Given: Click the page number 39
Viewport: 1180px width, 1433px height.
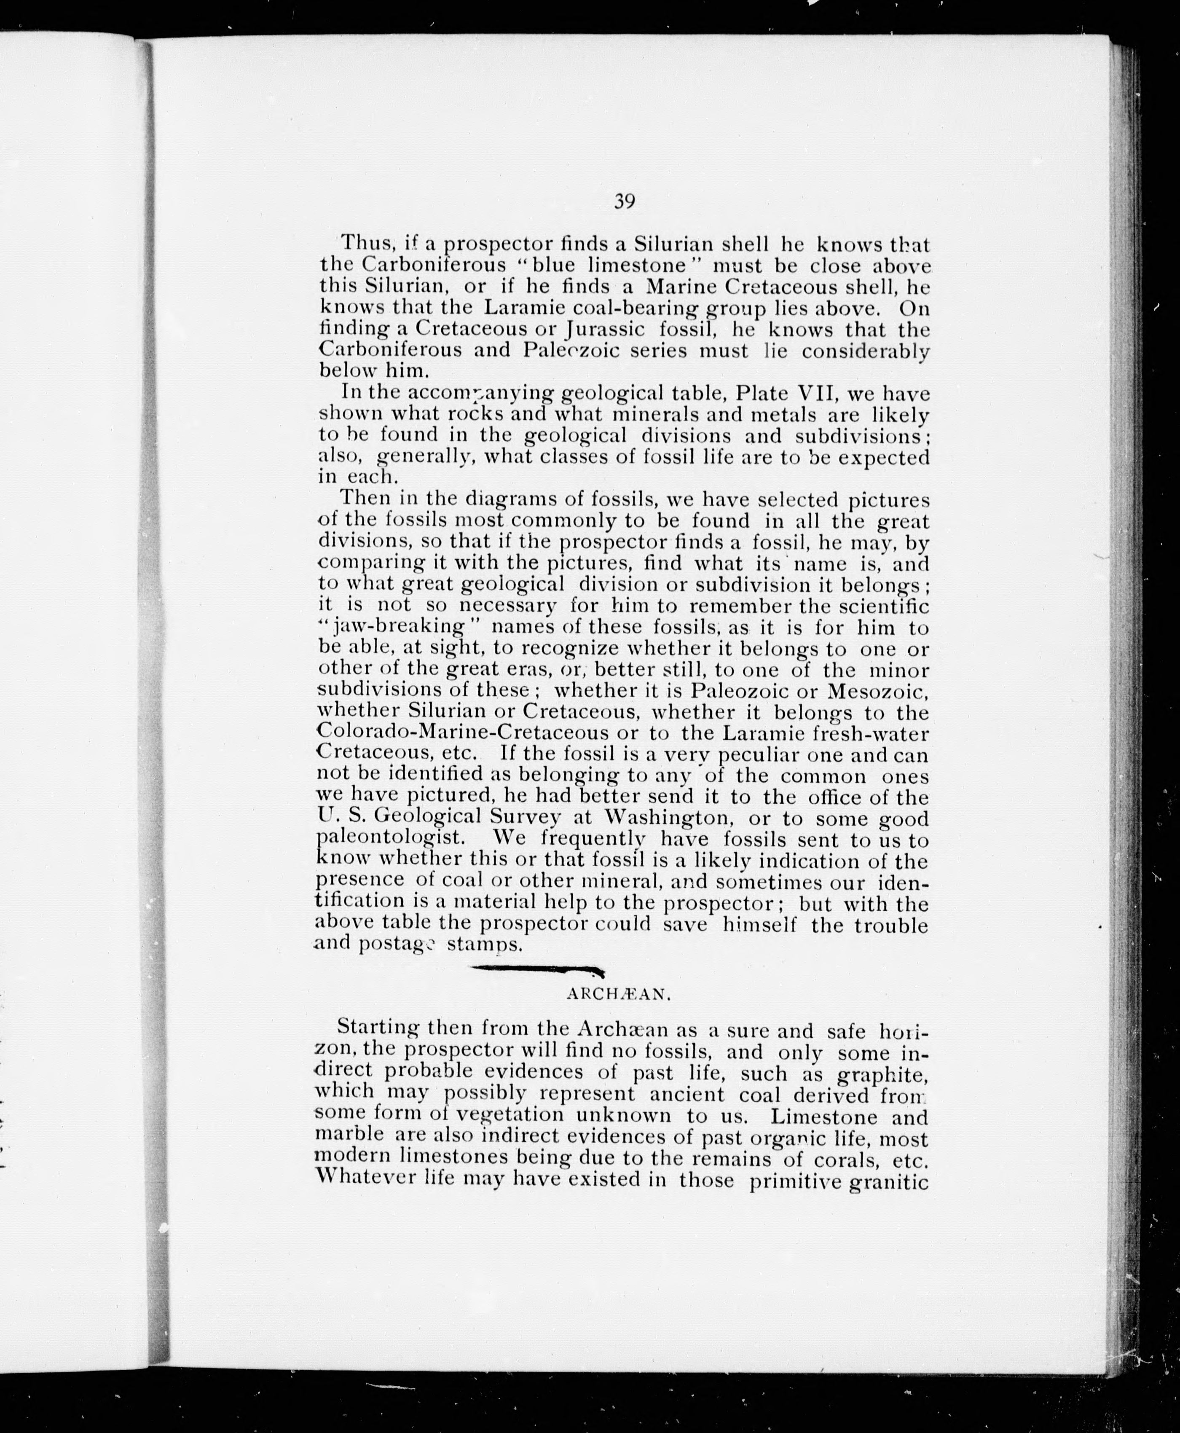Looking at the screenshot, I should [624, 202].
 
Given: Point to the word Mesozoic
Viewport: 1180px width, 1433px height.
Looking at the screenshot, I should [877, 691].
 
